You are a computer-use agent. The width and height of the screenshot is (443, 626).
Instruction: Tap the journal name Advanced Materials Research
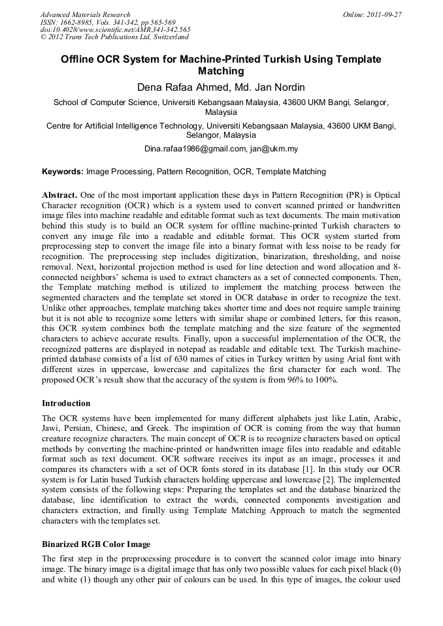point(85,14)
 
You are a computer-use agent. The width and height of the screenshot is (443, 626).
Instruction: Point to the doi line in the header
point(115,29)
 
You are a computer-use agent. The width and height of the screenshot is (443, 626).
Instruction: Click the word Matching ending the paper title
point(221,71)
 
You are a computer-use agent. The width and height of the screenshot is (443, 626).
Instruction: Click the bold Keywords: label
point(63,172)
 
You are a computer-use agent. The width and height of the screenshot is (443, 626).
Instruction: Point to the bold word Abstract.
point(61,195)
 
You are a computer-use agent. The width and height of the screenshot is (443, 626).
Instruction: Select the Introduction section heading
point(66,403)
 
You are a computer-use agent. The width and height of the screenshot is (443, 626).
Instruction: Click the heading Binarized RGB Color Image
point(96,544)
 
